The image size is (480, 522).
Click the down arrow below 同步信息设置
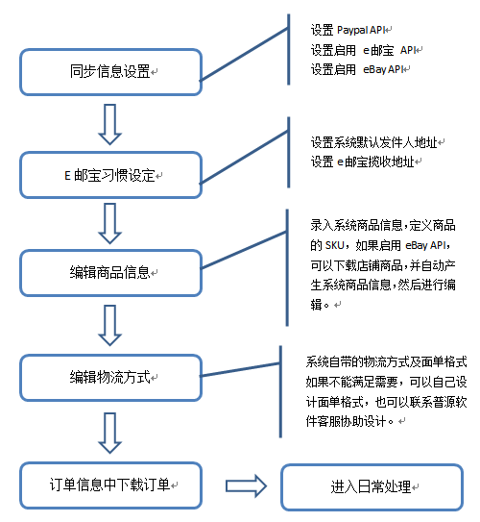click(x=110, y=125)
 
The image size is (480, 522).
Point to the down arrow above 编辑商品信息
click(x=110, y=223)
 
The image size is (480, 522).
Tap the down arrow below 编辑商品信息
click(x=110, y=325)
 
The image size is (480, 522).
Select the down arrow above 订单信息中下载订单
click(x=110, y=433)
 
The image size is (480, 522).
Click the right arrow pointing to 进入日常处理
click(x=246, y=486)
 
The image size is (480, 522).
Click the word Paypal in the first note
click(x=352, y=31)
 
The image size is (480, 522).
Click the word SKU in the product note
click(x=334, y=246)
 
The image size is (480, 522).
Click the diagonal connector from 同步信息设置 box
click(x=244, y=55)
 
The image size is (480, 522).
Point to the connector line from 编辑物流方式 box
click(x=241, y=369)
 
